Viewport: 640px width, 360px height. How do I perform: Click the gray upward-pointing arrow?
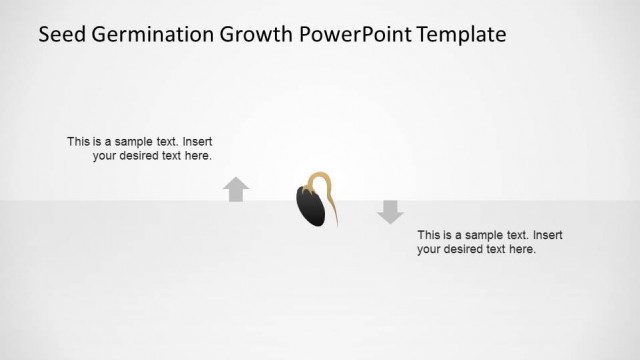[236, 189]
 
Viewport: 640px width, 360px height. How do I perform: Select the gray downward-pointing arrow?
[390, 211]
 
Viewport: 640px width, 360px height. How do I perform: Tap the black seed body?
[311, 206]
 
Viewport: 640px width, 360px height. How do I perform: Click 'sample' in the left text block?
[132, 142]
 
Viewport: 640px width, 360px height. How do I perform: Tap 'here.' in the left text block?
[198, 156]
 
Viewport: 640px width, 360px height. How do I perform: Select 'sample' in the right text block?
[482, 235]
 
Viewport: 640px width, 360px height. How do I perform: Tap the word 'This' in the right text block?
[429, 235]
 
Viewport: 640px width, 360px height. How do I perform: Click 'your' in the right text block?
[430, 249]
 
